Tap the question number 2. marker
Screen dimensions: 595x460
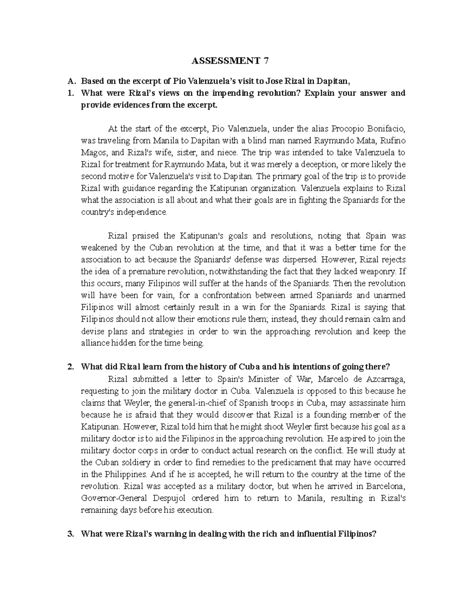coord(70,367)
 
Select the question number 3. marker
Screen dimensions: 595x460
coord(70,534)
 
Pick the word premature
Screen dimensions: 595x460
coord(160,272)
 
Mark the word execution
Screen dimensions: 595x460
coord(197,510)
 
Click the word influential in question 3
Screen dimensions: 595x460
coord(319,534)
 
